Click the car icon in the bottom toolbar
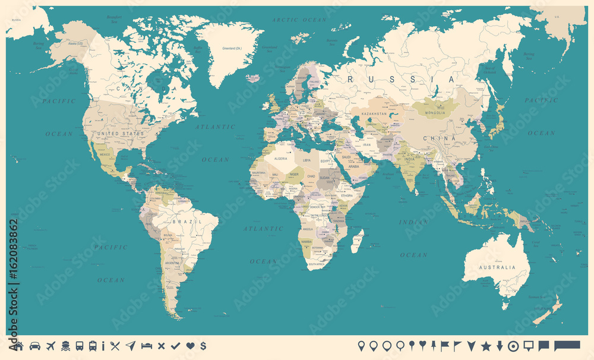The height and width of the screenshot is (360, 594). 35,346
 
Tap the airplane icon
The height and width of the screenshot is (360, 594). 50,346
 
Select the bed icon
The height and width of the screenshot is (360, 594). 146,346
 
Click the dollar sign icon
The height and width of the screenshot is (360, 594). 203,346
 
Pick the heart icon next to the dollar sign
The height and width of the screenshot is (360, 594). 189,346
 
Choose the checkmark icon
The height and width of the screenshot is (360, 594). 175,346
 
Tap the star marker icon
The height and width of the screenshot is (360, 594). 485,346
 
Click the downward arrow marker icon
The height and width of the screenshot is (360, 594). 500,346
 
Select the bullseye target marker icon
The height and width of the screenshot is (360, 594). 514,346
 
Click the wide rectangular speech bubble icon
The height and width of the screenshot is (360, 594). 567,345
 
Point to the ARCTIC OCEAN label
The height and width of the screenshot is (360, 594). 300,20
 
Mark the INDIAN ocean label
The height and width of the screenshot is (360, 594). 413,222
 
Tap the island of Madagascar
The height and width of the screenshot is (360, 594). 358,242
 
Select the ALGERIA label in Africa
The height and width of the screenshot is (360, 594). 280,160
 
